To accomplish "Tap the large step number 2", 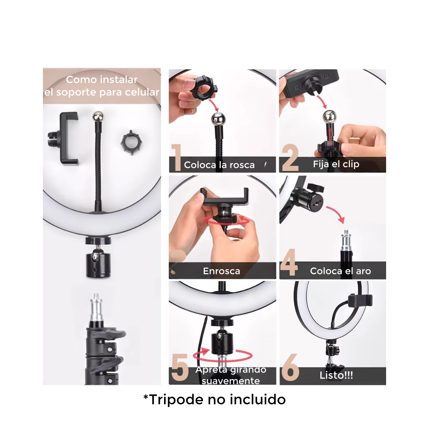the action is tap(290, 157).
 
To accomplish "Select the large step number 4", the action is tap(289, 262).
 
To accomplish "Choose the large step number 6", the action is tap(290, 368).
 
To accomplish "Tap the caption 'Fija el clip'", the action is tap(336, 164).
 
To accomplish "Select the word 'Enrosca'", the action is tap(222, 271).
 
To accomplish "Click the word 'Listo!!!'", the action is tap(336, 375).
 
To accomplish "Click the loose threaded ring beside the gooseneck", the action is tap(132, 143).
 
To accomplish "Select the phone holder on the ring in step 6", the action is tap(360, 300).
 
